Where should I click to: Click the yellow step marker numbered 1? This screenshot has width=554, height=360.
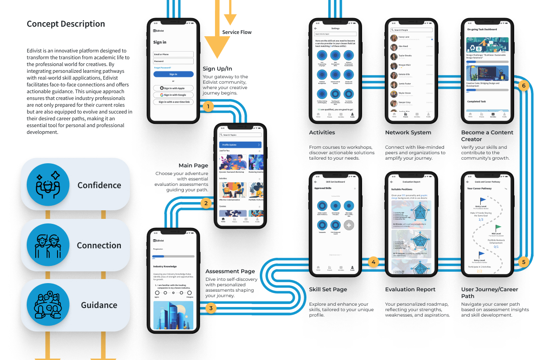pyautogui.click(x=207, y=107)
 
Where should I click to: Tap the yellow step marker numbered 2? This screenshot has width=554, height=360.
pyautogui.click(x=206, y=203)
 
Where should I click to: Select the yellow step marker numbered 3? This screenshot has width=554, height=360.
pyautogui.click(x=210, y=308)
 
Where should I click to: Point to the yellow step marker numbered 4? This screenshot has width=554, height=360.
pyautogui.click(x=373, y=261)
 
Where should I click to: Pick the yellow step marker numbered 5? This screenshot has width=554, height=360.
pyautogui.click(x=524, y=261)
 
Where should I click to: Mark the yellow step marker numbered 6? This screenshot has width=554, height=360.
pyautogui.click(x=524, y=85)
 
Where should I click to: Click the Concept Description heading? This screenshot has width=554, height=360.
pyautogui.click(x=66, y=24)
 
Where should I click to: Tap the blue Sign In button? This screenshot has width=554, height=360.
pyautogui.click(x=173, y=74)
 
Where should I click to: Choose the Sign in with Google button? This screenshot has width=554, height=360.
pyautogui.click(x=173, y=95)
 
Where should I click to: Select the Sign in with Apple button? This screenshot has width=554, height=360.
pyautogui.click(x=173, y=88)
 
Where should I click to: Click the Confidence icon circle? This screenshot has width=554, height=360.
pyautogui.click(x=48, y=185)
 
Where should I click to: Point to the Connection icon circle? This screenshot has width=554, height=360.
pyautogui.click(x=48, y=245)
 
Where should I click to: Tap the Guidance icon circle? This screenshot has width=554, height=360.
pyautogui.click(x=48, y=305)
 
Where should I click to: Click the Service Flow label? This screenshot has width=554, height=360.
pyautogui.click(x=237, y=32)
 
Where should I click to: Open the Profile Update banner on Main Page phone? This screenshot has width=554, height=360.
pyautogui.click(x=240, y=145)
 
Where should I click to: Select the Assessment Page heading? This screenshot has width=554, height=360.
pyautogui.click(x=230, y=271)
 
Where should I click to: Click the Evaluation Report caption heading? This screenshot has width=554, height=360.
pyautogui.click(x=410, y=289)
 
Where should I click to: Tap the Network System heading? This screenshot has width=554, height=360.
pyautogui.click(x=408, y=133)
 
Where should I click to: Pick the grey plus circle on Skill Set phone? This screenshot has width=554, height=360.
pyautogui.click(x=349, y=224)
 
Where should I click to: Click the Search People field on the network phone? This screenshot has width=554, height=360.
pyautogui.click(x=411, y=30)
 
